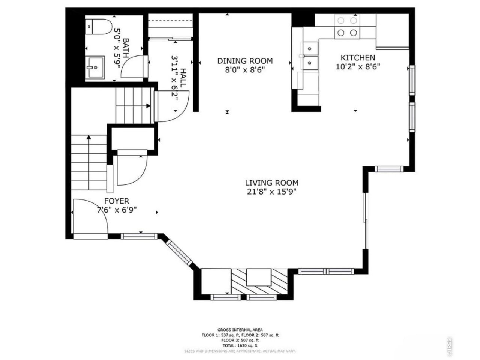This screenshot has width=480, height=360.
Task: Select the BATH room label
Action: pos(126,48)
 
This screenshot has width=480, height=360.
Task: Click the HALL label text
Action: pos(183,78)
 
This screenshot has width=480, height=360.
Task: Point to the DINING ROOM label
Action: pos(245,61)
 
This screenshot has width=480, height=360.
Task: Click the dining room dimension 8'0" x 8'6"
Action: pos(245,69)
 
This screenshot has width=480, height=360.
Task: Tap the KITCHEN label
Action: pos(358,58)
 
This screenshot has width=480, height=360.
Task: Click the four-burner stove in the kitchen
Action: pos(347,27)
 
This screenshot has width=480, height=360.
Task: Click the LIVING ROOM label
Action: pos(271,183)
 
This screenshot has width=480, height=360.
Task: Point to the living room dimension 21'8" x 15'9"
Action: pos(271,192)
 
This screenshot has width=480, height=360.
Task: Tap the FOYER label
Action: pos(116,201)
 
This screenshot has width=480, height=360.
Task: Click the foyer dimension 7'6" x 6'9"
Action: pos(116,210)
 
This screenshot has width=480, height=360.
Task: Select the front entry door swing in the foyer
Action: pos(90,217)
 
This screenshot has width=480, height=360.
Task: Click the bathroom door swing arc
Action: pos(133,67)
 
